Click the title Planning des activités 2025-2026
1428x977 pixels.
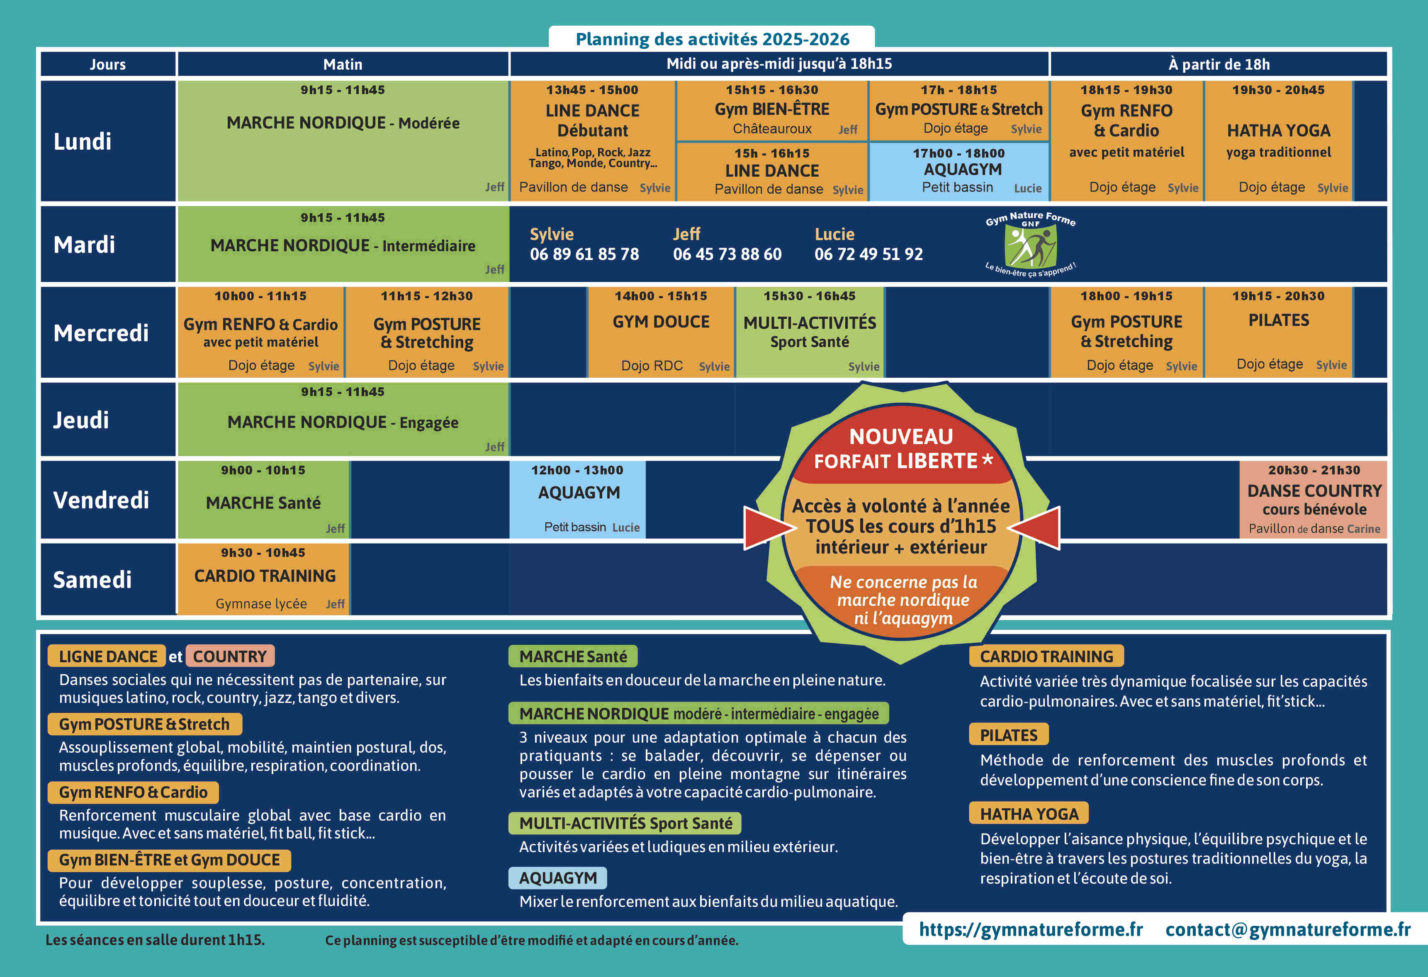click(712, 39)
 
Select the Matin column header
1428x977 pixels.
click(343, 64)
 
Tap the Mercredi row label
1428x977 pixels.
click(101, 333)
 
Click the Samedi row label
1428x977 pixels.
click(92, 579)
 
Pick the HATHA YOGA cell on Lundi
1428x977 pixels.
click(1278, 141)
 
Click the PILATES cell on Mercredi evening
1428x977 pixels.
click(1278, 332)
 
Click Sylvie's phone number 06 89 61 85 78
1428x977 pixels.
click(584, 254)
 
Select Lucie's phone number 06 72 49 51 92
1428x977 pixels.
click(868, 254)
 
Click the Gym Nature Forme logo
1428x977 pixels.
click(1030, 244)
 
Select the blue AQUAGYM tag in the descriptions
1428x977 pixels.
click(557, 878)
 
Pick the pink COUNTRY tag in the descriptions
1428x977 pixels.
click(230, 656)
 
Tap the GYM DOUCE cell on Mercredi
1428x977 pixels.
click(661, 332)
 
